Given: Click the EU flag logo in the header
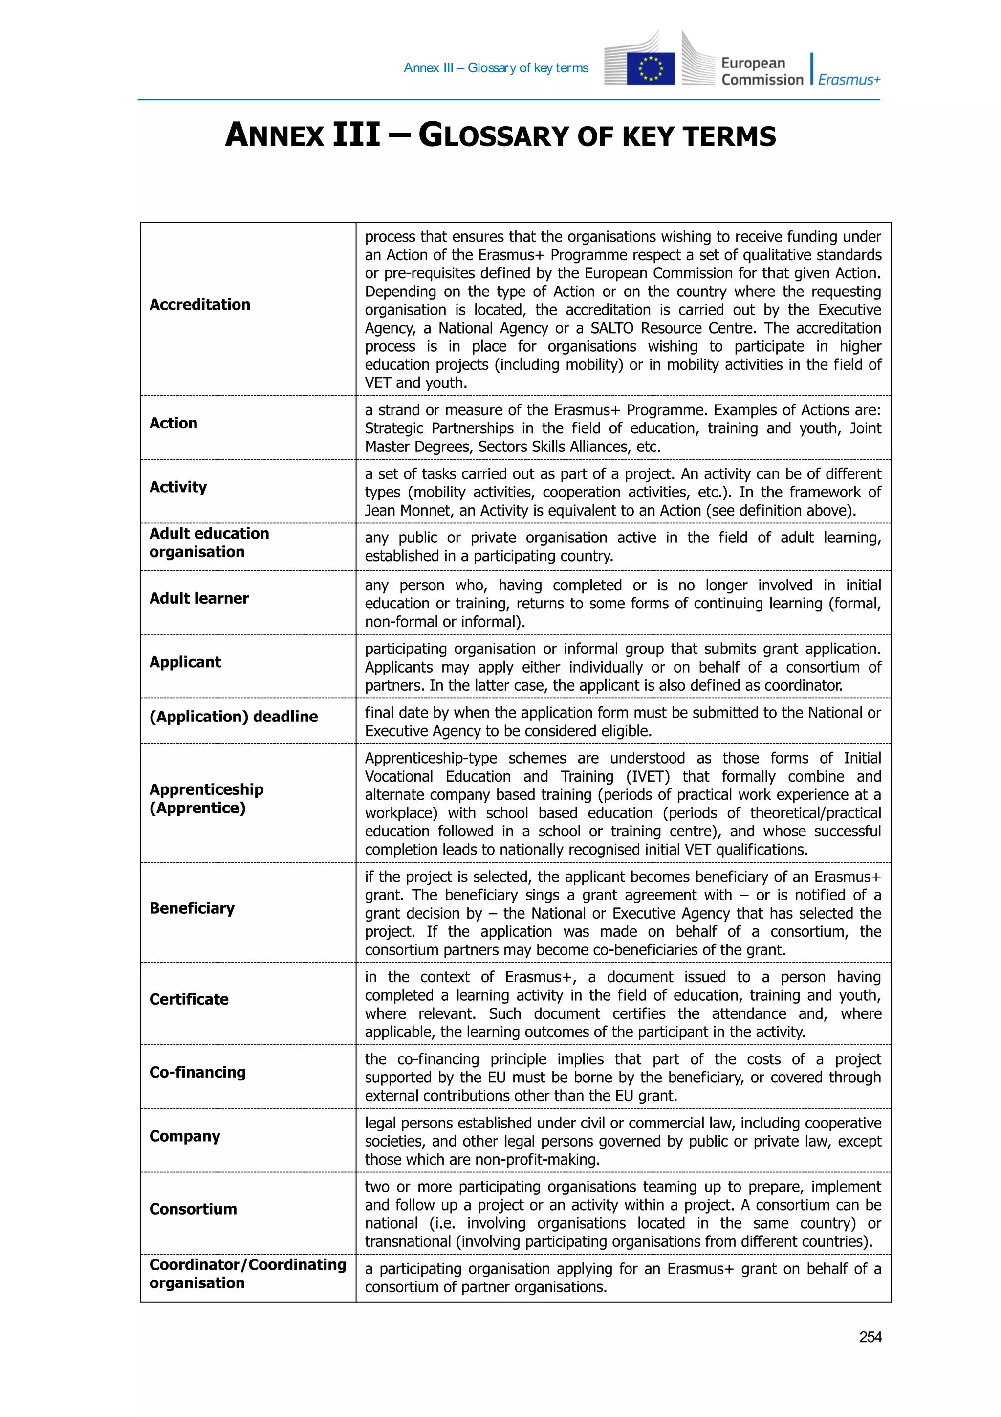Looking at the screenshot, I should (650, 68).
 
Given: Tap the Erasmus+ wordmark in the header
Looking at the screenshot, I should (849, 80).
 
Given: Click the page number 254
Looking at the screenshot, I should (870, 1337).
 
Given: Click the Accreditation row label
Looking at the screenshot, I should (200, 304).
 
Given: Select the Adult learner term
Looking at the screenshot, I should (198, 598).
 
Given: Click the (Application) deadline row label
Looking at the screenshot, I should (233, 717).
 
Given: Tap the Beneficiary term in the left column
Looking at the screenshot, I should (192, 908).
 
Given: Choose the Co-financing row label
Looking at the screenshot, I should (197, 1072).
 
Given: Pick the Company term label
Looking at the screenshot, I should (184, 1136).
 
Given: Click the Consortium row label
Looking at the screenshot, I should (193, 1209).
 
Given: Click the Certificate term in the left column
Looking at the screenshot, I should (189, 999).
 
